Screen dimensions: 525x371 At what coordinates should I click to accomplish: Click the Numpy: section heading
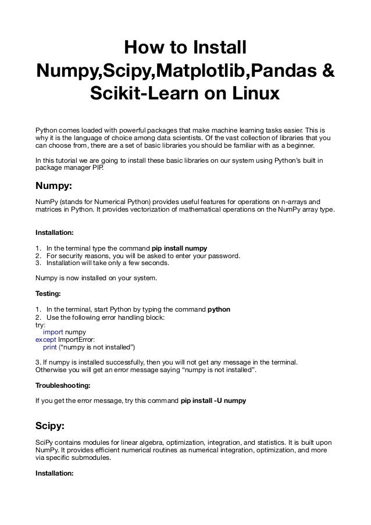coord(55,188)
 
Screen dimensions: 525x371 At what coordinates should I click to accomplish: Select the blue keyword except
coord(47,340)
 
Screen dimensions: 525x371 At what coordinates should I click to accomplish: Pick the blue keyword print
coord(51,348)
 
